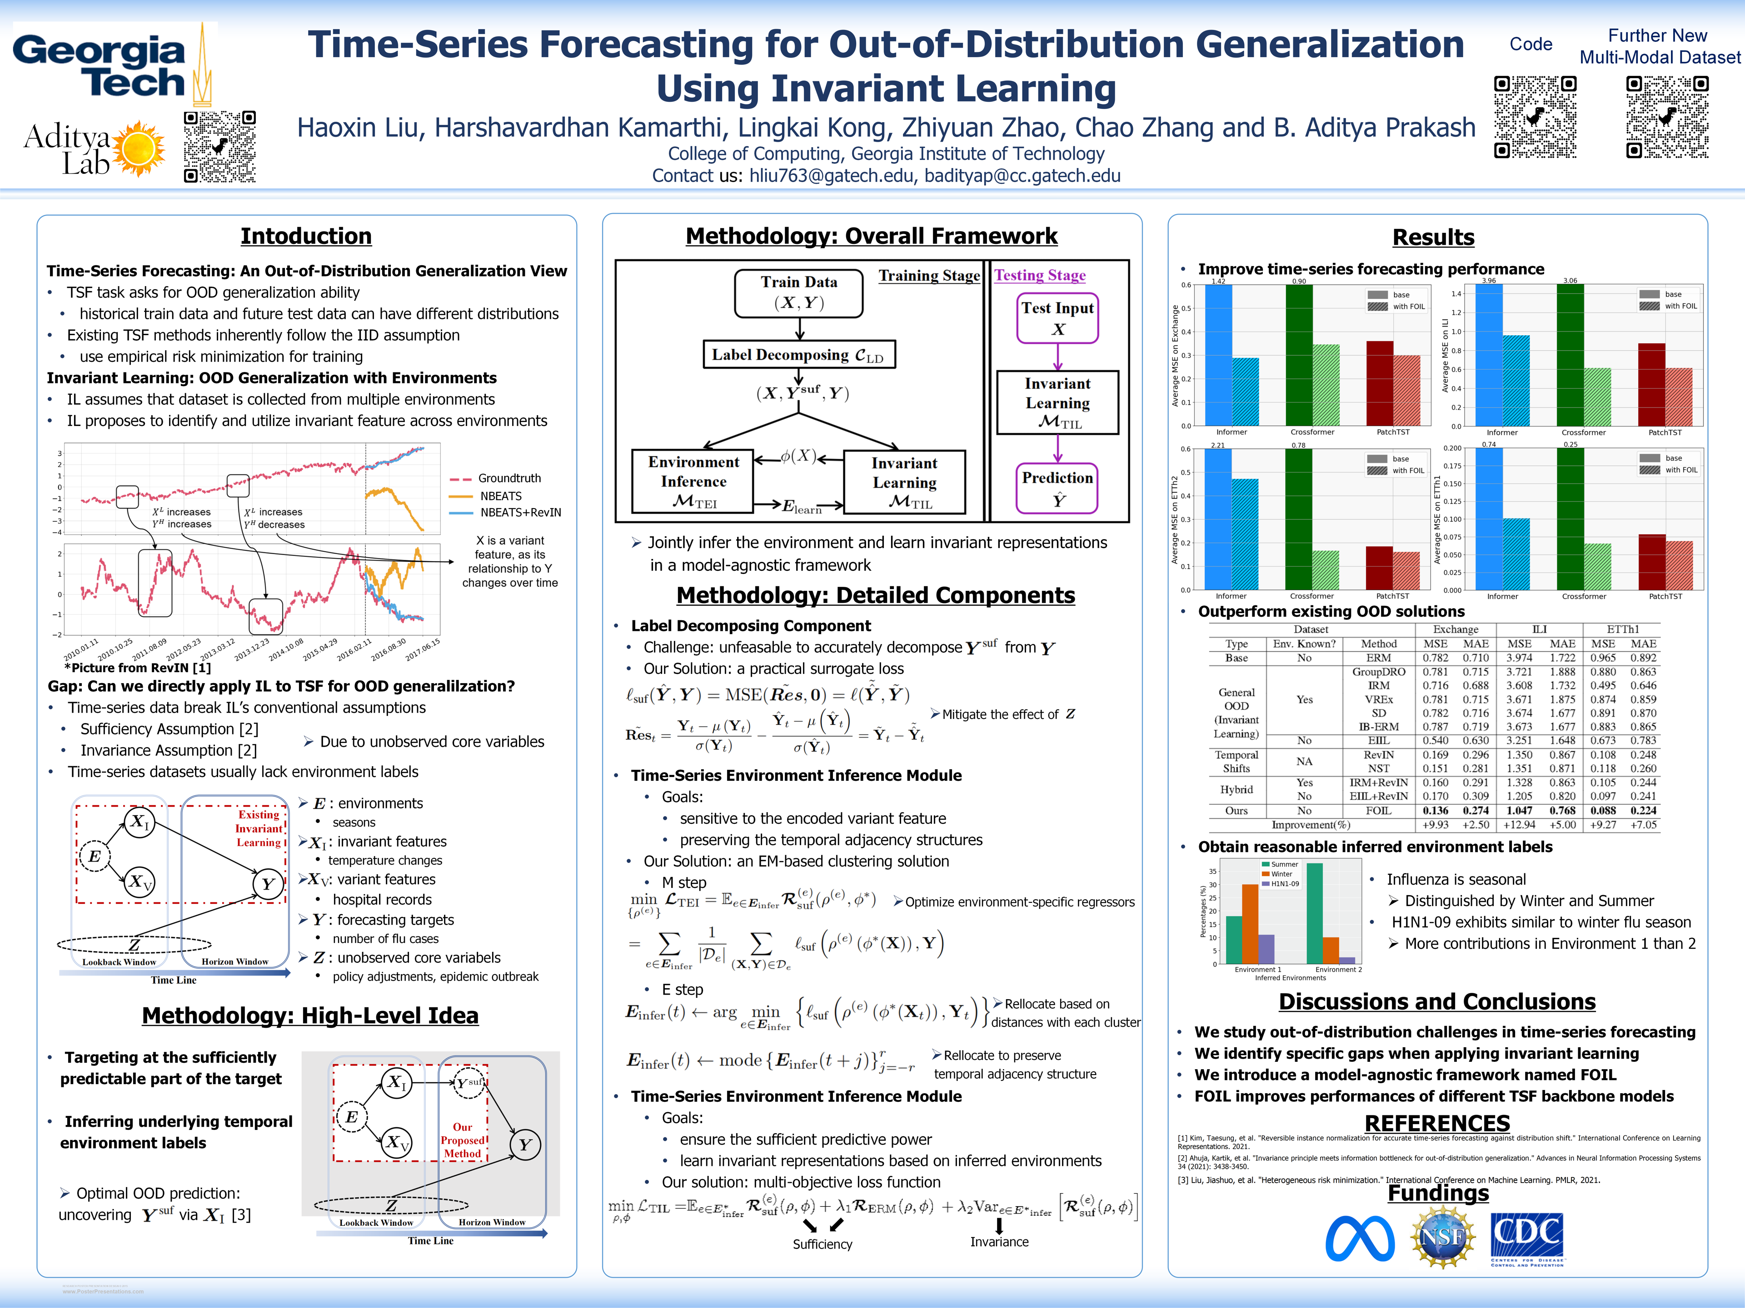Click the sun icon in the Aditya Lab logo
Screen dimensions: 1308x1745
140,148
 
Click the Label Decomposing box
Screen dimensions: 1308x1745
798,355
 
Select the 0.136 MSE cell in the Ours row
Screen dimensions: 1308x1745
1435,811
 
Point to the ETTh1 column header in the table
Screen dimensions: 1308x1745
1623,629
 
